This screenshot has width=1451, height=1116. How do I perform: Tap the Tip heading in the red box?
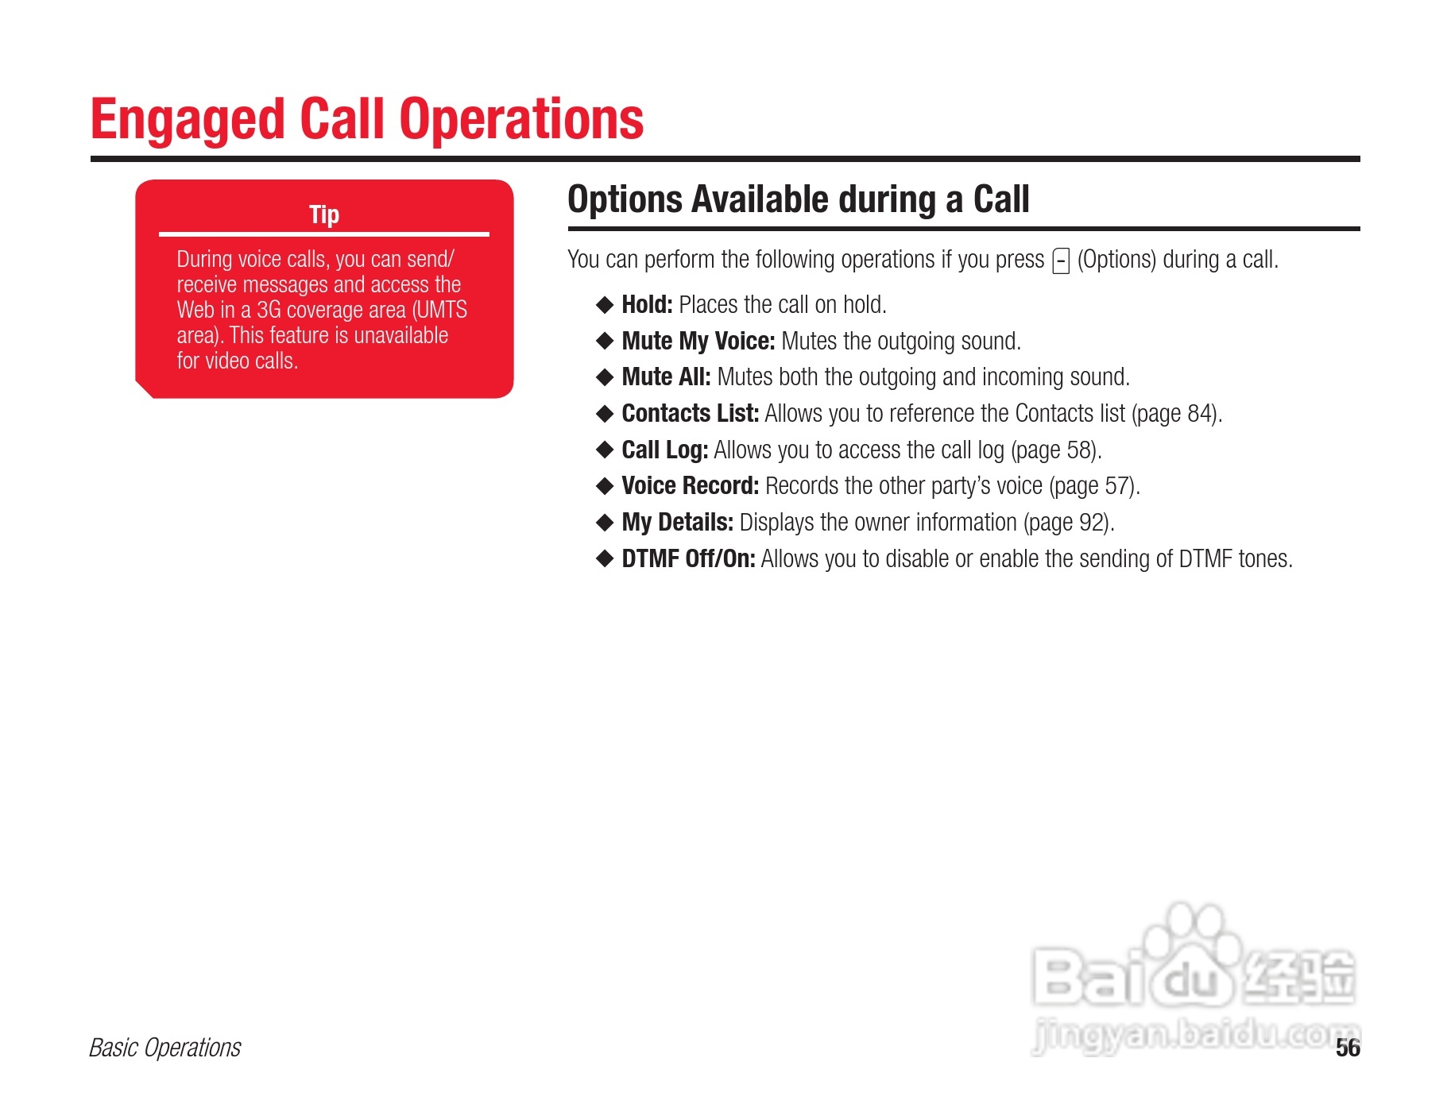tap(324, 214)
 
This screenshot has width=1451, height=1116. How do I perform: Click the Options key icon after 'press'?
tap(1061, 261)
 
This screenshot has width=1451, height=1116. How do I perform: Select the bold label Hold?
tap(647, 304)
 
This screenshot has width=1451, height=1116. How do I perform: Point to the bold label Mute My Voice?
tap(698, 341)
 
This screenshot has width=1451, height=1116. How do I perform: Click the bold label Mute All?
tap(666, 377)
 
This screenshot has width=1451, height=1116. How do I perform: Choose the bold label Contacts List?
tap(691, 413)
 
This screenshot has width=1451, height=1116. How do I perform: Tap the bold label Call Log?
tap(665, 450)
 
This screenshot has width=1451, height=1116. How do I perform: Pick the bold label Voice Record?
tap(691, 485)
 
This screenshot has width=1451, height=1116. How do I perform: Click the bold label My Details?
tap(678, 522)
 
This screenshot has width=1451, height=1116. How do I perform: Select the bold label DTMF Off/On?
tap(688, 558)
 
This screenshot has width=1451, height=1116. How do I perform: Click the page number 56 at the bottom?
tap(1348, 1048)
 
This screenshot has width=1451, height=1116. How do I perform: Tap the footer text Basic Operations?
tap(165, 1048)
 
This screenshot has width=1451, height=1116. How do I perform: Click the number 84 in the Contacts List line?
tap(1199, 414)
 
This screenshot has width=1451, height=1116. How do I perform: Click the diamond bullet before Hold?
tap(605, 305)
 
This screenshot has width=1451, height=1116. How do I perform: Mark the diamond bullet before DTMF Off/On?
tap(605, 559)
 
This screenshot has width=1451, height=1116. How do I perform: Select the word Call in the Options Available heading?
tap(1001, 199)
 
